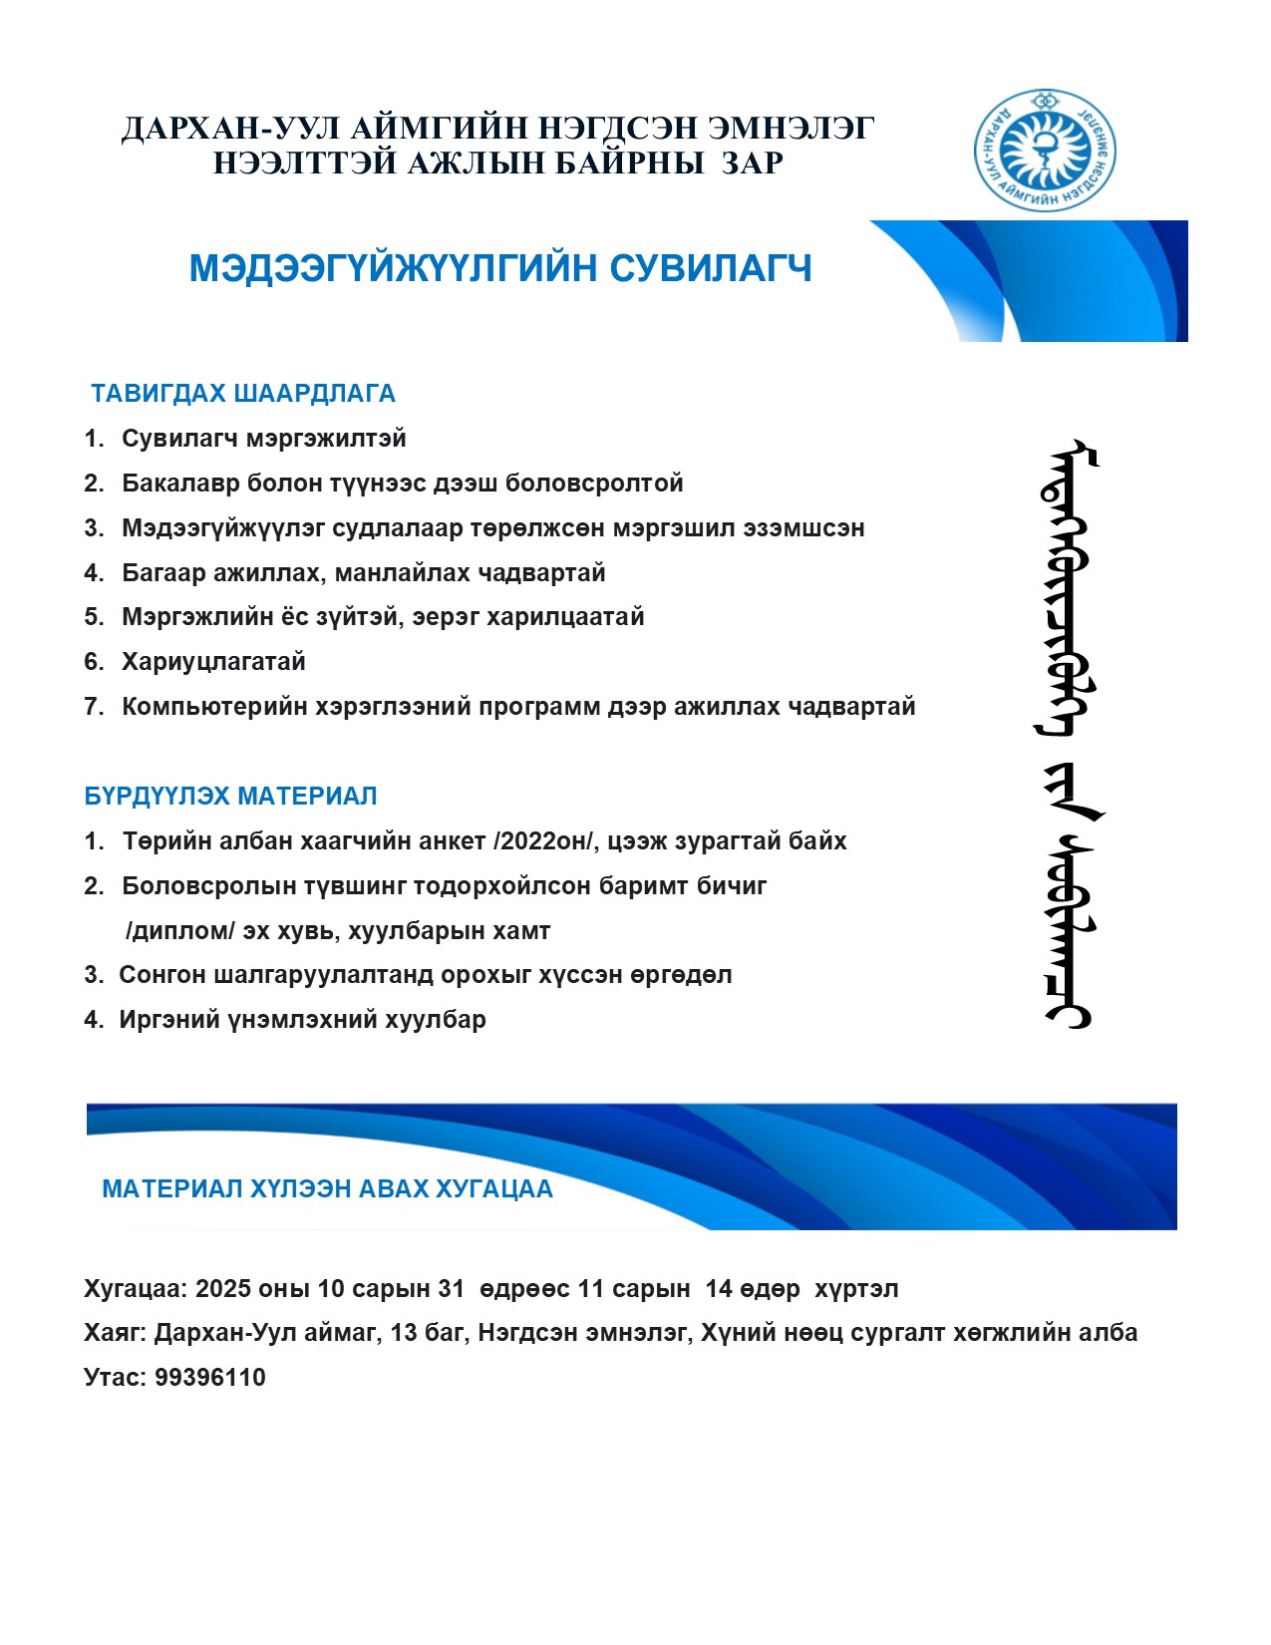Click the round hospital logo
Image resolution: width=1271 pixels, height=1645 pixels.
(1044, 150)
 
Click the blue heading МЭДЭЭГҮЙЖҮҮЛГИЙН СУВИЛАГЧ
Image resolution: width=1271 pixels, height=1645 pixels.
(500, 268)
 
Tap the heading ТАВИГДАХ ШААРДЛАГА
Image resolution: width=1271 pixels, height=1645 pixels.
(243, 393)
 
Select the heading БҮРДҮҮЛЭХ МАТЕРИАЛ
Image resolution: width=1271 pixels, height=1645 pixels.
(230, 796)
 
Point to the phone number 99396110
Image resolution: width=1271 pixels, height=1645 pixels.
(210, 1377)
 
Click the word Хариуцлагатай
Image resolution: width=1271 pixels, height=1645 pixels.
(213, 661)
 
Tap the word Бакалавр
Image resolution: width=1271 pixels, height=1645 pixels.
(180, 483)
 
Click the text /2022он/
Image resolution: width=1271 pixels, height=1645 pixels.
(545, 840)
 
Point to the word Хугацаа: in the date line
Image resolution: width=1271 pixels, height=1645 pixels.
(136, 1288)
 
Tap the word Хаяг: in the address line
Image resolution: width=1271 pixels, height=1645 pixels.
(115, 1332)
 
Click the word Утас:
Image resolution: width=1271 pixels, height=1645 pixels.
(116, 1377)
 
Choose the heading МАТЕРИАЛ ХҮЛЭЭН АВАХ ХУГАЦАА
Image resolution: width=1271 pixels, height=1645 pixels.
(327, 1188)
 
